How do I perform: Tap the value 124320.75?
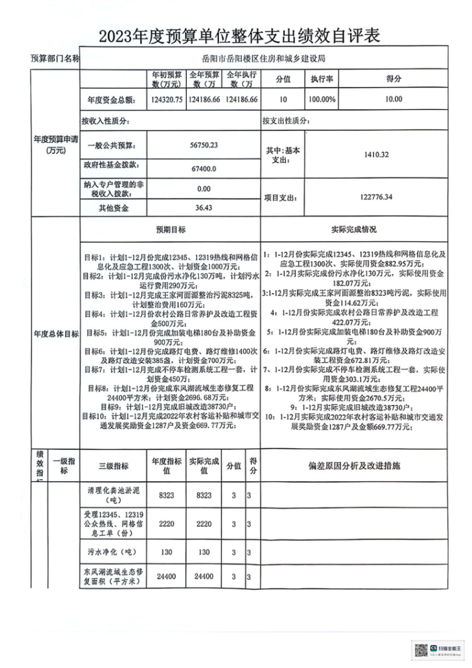pos(167,99)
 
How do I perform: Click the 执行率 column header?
pos(321,80)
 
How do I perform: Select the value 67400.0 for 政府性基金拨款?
pos(203,168)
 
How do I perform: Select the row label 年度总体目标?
pos(55,334)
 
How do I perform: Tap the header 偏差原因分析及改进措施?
pos(354,467)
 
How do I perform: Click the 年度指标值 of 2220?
pos(167,523)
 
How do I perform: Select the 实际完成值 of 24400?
pos(203,576)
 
